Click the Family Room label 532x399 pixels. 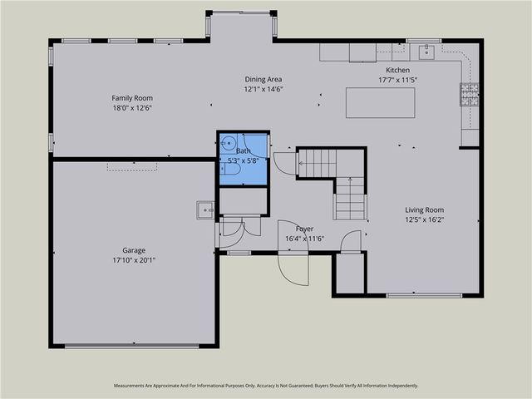tap(132, 98)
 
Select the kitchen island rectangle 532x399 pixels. tap(380, 102)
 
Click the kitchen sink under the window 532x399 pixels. tap(427, 52)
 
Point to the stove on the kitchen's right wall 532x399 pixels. tap(470, 95)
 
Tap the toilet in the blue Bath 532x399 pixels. tap(233, 170)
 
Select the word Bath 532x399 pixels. tap(243, 151)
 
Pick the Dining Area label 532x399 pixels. tap(263, 79)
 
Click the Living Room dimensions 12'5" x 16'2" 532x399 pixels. tap(424, 220)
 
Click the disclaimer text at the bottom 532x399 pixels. tap(266, 386)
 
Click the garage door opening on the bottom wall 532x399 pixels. tap(132, 346)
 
